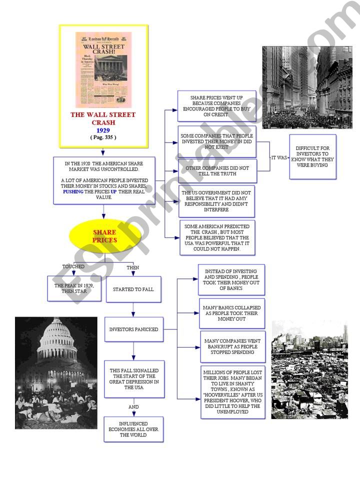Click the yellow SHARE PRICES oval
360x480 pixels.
click(x=104, y=236)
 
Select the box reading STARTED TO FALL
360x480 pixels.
click(x=133, y=289)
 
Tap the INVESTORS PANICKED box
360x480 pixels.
click(x=134, y=329)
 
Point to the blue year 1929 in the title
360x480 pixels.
click(x=103, y=130)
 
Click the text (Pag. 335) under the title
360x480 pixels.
click(x=103, y=137)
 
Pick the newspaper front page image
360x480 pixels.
click(x=103, y=69)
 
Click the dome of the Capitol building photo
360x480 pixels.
click(x=57, y=340)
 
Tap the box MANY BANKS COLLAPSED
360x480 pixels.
click(x=232, y=313)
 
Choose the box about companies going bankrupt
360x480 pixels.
click(x=232, y=346)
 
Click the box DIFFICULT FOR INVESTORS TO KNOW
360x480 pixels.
click(x=312, y=156)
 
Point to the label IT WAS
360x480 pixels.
click(x=279, y=157)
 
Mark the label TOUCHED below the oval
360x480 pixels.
click(x=73, y=266)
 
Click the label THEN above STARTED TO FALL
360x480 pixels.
click(x=133, y=267)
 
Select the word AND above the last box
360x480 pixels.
click(x=133, y=407)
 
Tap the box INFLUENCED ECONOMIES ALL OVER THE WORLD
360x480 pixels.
click(x=133, y=429)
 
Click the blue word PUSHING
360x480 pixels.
click(x=73, y=191)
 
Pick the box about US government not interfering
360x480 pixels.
click(x=217, y=201)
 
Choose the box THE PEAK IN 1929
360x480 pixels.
click(x=74, y=288)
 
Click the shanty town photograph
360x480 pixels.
click(x=309, y=370)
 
